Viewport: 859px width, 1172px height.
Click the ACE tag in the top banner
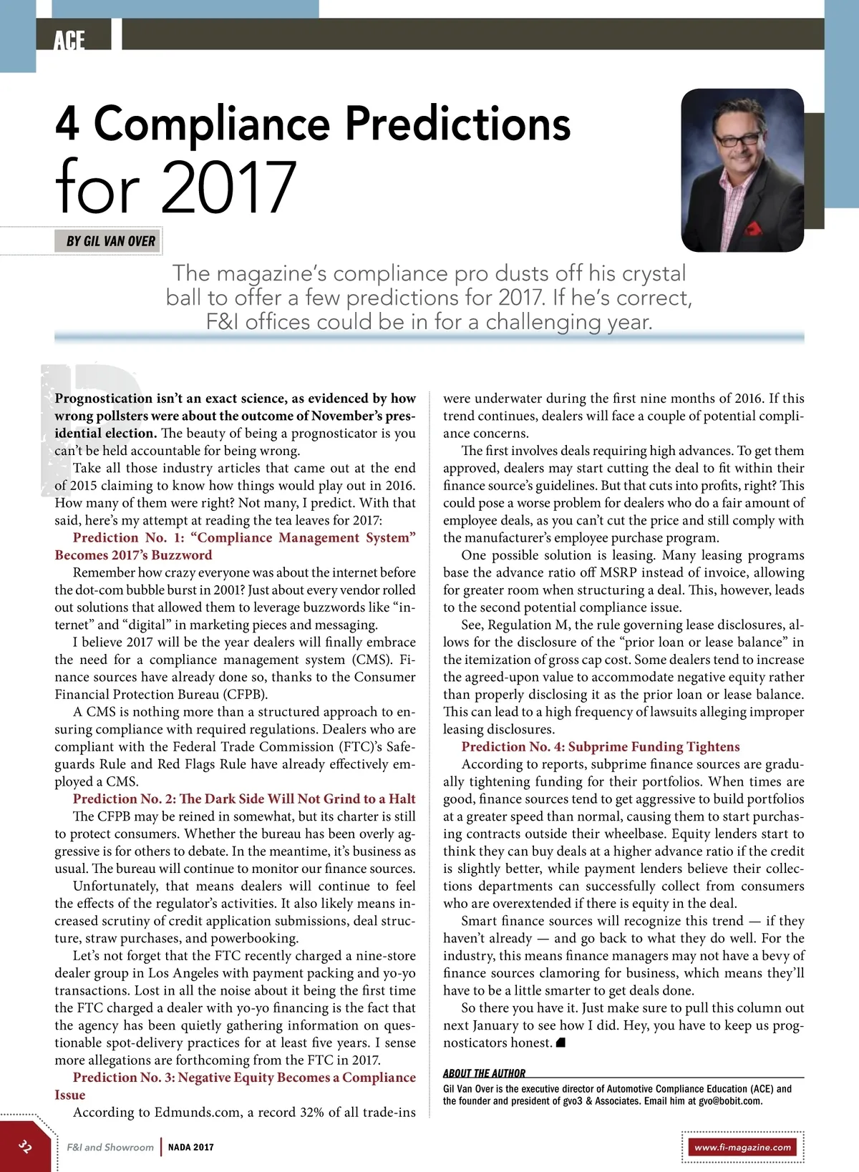click(x=69, y=40)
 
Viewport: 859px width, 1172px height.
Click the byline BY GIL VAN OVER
click(x=110, y=241)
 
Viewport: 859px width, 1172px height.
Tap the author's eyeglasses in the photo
click(x=739, y=138)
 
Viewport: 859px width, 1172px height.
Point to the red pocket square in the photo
click(x=752, y=228)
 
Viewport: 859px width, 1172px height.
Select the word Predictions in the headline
click(x=458, y=123)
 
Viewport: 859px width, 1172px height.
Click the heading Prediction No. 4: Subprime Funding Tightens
click(x=601, y=746)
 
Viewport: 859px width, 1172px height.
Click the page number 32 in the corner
click(x=25, y=1146)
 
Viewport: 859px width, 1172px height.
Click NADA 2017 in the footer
click(x=191, y=1147)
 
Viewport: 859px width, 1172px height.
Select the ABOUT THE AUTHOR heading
click(x=484, y=1073)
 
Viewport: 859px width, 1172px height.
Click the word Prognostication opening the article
click(x=104, y=399)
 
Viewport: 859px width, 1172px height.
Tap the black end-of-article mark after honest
click(x=560, y=1042)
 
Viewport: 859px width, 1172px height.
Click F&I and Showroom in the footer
click(x=110, y=1147)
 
